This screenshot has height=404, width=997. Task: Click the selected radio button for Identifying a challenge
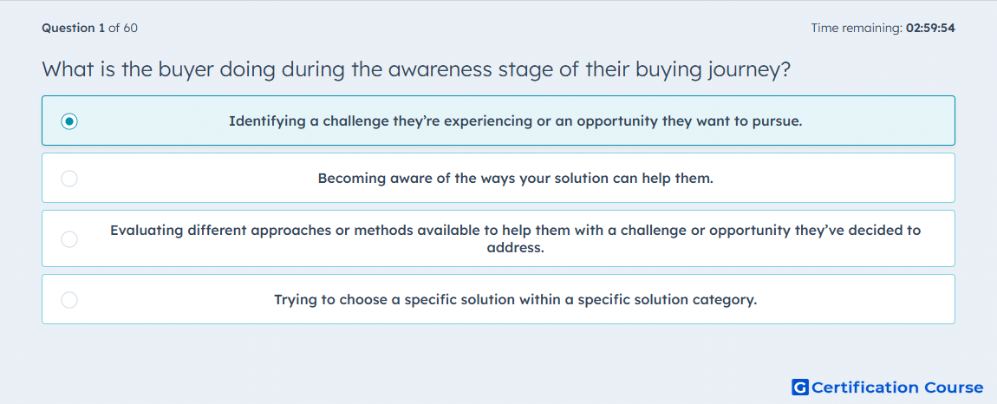click(69, 121)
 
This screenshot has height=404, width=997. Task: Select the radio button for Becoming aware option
click(69, 178)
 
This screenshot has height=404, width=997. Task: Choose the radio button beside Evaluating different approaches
click(69, 238)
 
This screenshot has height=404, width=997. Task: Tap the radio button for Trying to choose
click(69, 300)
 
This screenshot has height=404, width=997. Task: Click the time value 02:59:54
click(931, 28)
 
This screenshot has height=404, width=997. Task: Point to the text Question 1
click(73, 28)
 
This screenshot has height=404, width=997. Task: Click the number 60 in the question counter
click(130, 28)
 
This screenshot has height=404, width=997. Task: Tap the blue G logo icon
click(800, 387)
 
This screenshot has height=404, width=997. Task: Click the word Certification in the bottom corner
click(865, 388)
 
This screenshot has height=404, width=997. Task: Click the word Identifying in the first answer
click(264, 121)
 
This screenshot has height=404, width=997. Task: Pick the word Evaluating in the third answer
click(146, 231)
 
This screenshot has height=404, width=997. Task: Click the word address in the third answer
click(515, 247)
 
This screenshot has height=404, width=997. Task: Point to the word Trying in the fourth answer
click(295, 300)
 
